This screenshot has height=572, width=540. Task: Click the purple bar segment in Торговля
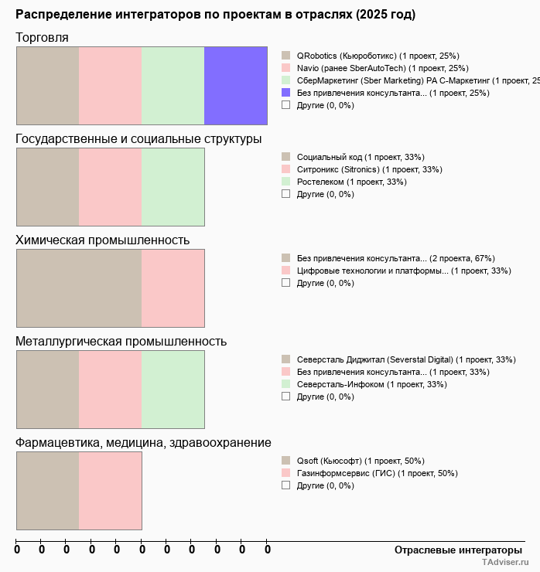[235, 85]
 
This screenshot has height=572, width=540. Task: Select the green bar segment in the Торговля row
[173, 85]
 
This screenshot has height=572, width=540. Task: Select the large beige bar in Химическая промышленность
[79, 288]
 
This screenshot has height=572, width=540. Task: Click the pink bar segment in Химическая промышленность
[173, 288]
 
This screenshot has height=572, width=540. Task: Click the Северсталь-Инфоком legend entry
[364, 384]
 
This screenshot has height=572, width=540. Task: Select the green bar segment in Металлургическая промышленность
[173, 389]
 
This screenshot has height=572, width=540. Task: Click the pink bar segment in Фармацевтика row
[110, 490]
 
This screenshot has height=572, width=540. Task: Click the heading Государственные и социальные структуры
[138, 139]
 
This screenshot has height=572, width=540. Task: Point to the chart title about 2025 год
[215, 15]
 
